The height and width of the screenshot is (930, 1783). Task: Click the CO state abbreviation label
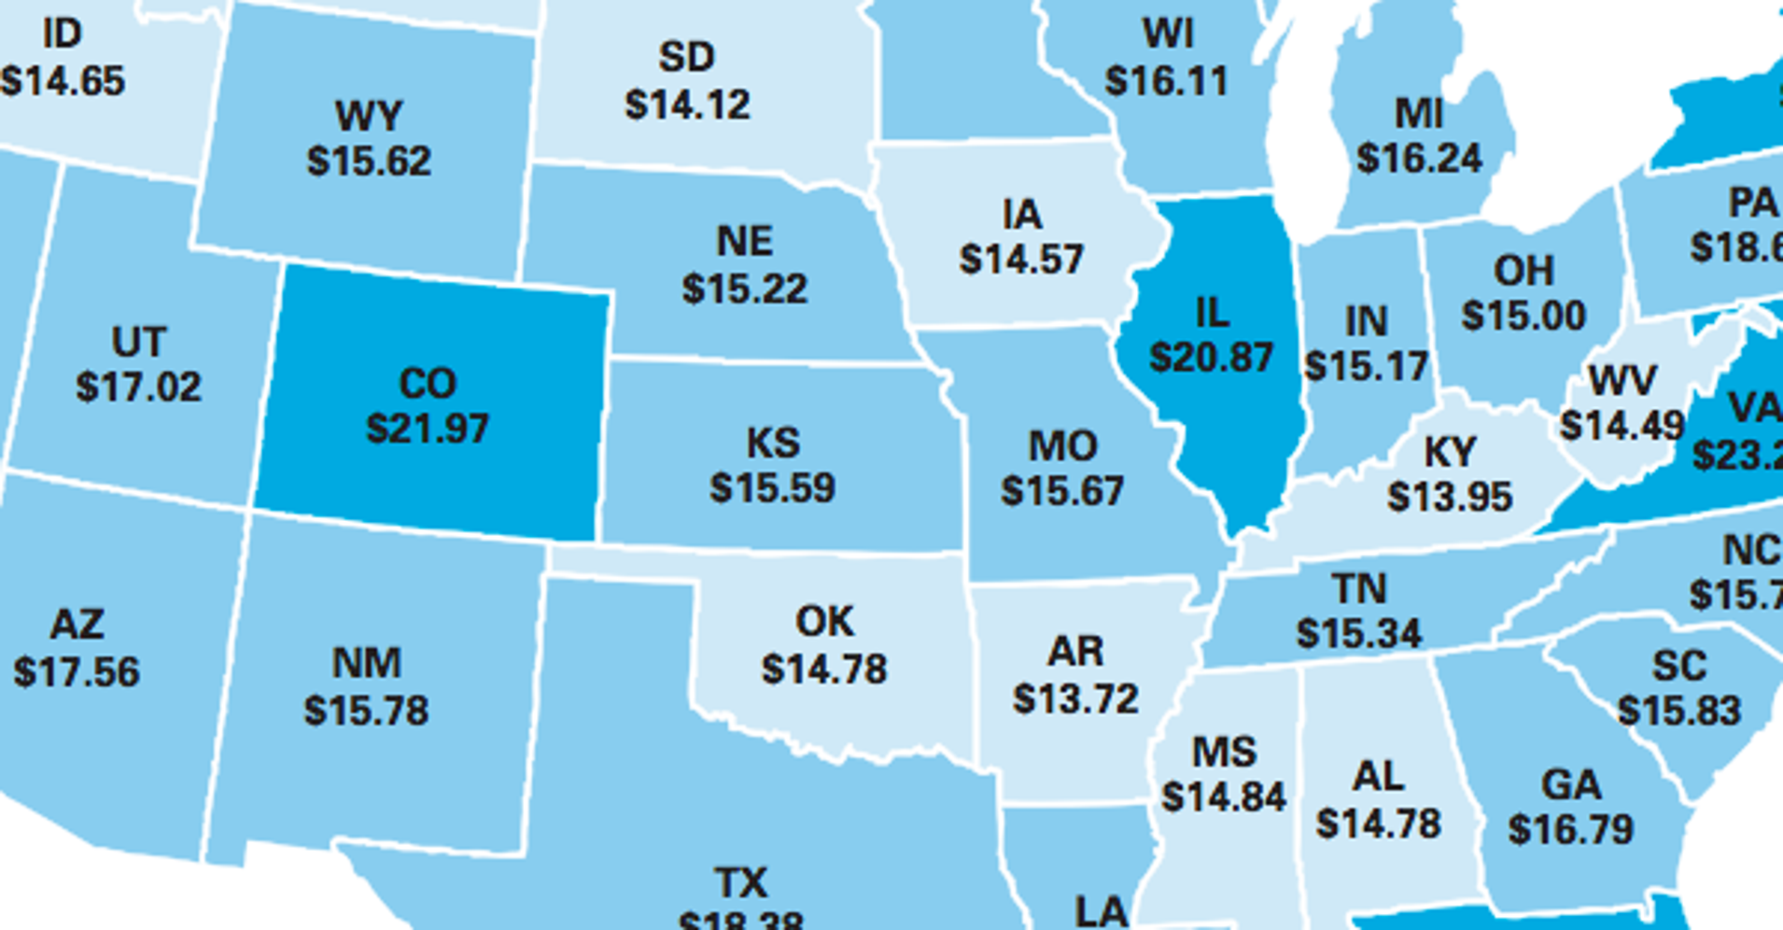(x=428, y=383)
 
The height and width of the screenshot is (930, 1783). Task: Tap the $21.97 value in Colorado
(x=428, y=429)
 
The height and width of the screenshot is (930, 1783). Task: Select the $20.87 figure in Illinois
(x=1211, y=358)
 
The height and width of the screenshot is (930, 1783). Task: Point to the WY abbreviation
(x=369, y=117)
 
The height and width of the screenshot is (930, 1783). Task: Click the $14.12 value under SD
(x=687, y=104)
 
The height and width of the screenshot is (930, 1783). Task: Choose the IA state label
(x=1021, y=215)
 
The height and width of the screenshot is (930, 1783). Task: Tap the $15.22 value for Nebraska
(x=744, y=289)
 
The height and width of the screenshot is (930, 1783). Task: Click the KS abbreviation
(x=773, y=443)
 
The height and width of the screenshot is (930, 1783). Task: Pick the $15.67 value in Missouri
(x=1062, y=491)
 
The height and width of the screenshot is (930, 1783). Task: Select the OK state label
(x=824, y=622)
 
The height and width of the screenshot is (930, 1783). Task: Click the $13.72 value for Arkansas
(x=1075, y=698)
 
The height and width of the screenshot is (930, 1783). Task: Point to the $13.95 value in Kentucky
(x=1449, y=497)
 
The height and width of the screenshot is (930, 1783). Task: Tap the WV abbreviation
(x=1622, y=381)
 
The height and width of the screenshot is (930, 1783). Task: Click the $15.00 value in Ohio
(x=1523, y=316)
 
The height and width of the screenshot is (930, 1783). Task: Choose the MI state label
(x=1419, y=114)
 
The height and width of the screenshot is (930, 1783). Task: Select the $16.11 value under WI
(x=1167, y=81)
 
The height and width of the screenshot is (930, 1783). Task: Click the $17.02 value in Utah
(x=138, y=387)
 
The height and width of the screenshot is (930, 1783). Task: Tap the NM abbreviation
(x=366, y=664)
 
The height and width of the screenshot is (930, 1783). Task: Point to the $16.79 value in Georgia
(x=1571, y=829)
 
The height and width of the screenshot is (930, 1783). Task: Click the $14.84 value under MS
(x=1224, y=797)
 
